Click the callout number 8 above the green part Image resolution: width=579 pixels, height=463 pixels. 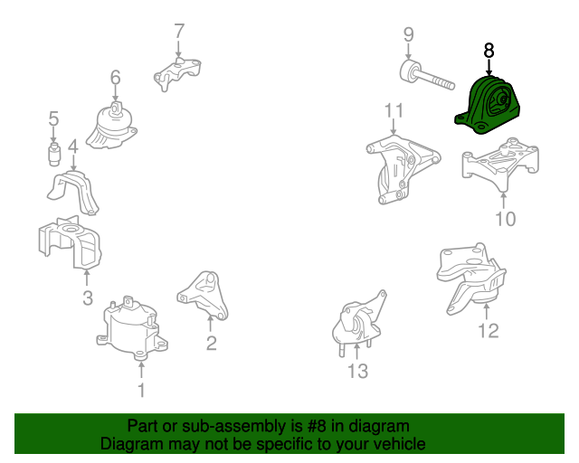click(489, 51)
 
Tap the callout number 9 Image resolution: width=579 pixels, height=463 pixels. click(408, 34)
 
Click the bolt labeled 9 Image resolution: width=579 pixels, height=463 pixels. click(426, 76)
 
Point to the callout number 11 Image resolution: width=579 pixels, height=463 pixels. click(394, 110)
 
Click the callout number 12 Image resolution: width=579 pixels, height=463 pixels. click(489, 330)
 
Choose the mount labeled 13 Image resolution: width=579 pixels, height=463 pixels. click(359, 323)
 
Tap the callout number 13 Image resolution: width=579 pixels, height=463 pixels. click(358, 371)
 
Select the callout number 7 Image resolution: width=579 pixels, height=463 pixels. click(179, 31)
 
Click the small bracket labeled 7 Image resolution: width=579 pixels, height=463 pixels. click(177, 74)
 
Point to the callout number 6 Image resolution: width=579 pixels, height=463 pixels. click(115, 78)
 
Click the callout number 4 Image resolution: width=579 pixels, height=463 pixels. click(73, 146)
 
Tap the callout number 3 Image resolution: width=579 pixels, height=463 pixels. click(88, 298)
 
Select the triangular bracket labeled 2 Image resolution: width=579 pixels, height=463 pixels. click(203, 296)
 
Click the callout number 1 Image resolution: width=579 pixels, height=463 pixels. click(141, 391)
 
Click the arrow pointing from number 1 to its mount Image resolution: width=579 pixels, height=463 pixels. click(141, 370)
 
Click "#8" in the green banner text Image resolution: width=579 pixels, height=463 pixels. click(316, 426)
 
